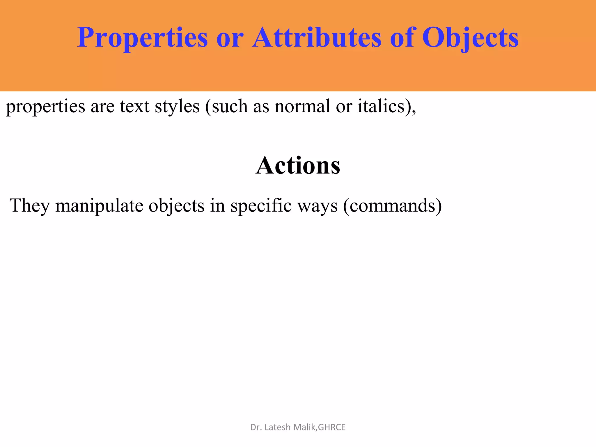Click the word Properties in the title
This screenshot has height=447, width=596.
142,38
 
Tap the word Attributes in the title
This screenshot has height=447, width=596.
317,38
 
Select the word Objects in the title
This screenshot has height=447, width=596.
470,38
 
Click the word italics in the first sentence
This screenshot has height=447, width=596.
381,106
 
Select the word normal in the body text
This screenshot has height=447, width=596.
303,106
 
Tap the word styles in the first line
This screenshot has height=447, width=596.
177,106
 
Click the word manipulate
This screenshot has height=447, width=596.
99,206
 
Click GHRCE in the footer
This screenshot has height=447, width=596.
332,427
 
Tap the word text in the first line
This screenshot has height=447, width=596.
135,106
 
